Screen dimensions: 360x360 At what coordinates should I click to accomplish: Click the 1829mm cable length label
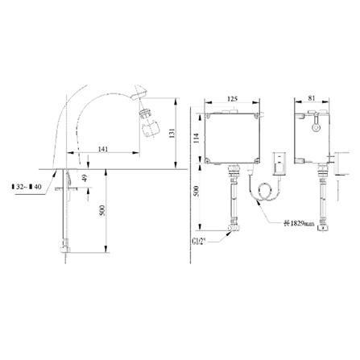pyautogui.click(x=296, y=222)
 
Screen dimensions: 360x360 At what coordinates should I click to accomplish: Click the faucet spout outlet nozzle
pyautogui.click(x=154, y=126)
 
